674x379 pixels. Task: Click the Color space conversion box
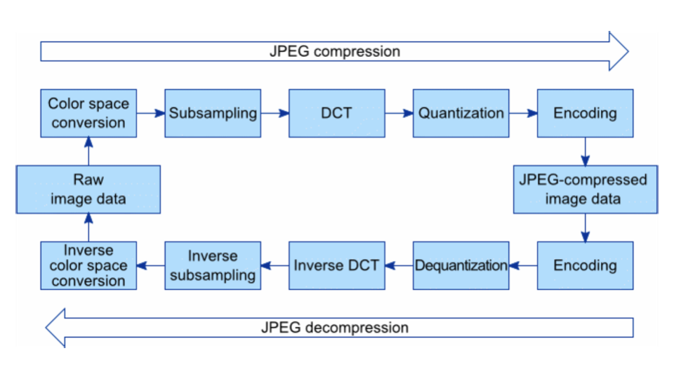point(88,114)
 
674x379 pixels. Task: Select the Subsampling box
point(213,114)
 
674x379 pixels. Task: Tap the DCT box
point(337,114)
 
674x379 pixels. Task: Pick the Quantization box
point(461,114)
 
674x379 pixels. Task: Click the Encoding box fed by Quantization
point(585,114)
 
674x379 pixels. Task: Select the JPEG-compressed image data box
point(586,189)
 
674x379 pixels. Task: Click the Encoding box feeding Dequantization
point(585,265)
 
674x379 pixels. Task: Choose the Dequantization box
point(461,265)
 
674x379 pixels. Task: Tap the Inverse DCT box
point(337,265)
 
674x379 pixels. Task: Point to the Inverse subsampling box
point(213,265)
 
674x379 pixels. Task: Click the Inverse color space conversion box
point(88,265)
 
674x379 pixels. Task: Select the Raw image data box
point(88,189)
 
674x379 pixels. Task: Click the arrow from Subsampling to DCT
point(275,114)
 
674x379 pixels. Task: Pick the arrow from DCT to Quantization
point(399,114)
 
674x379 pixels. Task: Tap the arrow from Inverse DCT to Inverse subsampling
point(275,265)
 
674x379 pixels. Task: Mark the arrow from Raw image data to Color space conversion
point(88,152)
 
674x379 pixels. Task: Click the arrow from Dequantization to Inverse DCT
point(399,265)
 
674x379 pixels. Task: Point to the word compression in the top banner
point(357,51)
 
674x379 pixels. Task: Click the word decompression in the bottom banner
point(357,328)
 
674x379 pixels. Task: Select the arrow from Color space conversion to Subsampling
point(151,114)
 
